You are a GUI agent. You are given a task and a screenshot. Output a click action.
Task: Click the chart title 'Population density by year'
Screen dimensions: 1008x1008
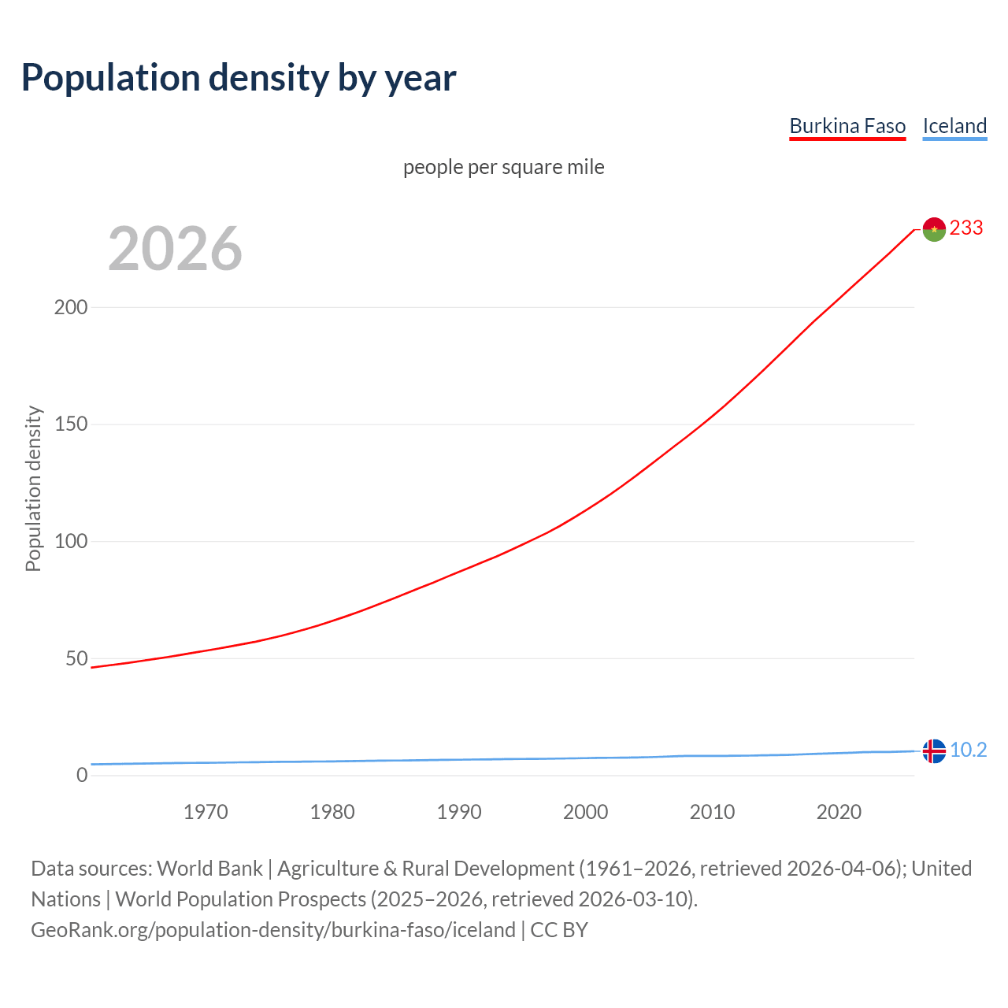coord(239,78)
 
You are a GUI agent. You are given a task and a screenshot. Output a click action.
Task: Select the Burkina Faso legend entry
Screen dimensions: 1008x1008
coord(847,126)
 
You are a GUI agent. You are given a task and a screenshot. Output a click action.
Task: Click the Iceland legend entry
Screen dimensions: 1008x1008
coord(954,126)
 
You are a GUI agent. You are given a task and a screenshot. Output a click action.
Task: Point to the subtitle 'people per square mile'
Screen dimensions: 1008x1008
coord(504,167)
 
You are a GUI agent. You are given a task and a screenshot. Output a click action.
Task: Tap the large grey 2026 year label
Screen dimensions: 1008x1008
coord(175,249)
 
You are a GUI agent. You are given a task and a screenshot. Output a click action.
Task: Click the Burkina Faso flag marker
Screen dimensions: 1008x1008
coord(934,229)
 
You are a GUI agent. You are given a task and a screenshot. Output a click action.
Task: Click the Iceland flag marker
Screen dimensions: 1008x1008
coord(934,751)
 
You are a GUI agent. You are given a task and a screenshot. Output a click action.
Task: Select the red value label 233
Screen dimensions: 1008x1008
coord(966,228)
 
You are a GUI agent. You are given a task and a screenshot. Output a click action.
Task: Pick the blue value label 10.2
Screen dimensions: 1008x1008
coord(968,750)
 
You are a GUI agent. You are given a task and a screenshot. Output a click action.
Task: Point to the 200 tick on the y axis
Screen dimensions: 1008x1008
coord(71,307)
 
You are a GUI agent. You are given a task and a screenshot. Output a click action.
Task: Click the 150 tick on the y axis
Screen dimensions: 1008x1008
coord(71,424)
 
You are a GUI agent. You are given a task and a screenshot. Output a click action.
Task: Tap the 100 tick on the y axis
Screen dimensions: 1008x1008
coord(71,542)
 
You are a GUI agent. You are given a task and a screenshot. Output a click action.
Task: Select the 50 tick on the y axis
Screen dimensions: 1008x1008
coord(76,658)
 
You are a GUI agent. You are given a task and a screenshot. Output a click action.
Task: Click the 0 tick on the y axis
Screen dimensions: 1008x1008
coord(82,776)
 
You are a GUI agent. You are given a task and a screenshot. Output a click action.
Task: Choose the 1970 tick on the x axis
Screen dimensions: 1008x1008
coord(206,812)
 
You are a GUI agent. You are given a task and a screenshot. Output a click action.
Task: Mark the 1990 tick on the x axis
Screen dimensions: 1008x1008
coord(459,812)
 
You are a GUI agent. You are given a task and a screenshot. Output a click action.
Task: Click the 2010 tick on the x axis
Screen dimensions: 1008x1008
coord(712,812)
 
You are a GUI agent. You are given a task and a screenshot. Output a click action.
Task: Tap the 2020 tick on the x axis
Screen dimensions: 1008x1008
coord(839,812)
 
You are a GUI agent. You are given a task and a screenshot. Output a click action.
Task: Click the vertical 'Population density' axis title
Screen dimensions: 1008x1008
coord(33,488)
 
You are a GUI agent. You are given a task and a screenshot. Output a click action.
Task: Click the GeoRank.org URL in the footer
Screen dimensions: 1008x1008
coord(273,930)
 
